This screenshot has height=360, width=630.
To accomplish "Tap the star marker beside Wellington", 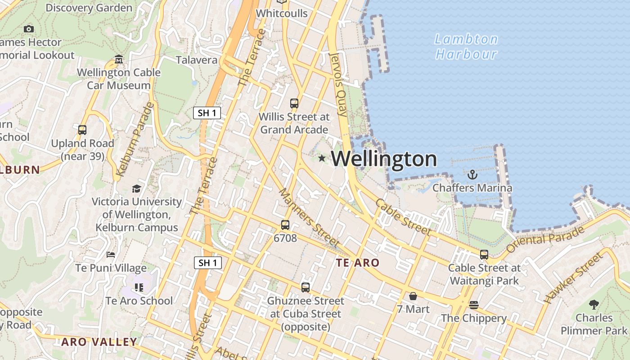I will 322,158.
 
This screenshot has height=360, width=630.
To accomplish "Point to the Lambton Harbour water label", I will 466,47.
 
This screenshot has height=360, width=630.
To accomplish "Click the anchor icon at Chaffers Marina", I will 472,175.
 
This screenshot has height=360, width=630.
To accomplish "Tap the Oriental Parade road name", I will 545,239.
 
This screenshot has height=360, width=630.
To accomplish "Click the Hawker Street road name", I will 573,278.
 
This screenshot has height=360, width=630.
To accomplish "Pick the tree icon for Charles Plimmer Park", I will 594,305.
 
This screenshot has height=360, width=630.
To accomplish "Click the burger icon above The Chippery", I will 473,305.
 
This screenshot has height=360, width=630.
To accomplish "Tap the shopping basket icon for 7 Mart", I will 413,296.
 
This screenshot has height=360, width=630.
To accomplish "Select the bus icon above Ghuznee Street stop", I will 306,287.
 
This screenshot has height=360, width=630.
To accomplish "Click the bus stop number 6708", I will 285,238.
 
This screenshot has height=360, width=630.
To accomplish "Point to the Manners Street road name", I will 309,218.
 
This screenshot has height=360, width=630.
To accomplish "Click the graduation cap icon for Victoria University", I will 136,189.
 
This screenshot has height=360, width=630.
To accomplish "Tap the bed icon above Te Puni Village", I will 111,255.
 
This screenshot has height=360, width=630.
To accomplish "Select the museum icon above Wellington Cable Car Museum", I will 119,59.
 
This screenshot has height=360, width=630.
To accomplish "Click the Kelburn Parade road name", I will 135,139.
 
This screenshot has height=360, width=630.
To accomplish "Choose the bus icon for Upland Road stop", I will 82,130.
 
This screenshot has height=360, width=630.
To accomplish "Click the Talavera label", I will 196,60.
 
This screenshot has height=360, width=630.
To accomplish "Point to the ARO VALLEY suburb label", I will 99,342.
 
